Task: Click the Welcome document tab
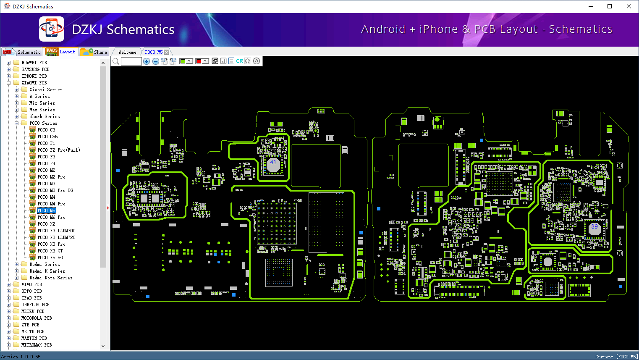coord(127,52)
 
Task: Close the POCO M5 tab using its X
coord(167,52)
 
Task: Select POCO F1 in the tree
coord(46,143)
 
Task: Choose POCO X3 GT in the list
coord(50,251)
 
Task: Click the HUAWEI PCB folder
coord(34,63)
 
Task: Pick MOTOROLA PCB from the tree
coord(37,318)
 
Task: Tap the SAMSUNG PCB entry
coord(35,69)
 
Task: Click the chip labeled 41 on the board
coord(273,163)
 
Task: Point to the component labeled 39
coord(594,228)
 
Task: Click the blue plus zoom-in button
coord(147,61)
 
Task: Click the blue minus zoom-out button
coord(156,61)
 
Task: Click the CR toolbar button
coord(239,61)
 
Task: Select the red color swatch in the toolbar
coord(199,61)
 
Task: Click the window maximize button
coord(610,6)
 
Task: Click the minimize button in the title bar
coord(591,6)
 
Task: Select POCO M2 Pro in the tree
coord(51,177)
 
